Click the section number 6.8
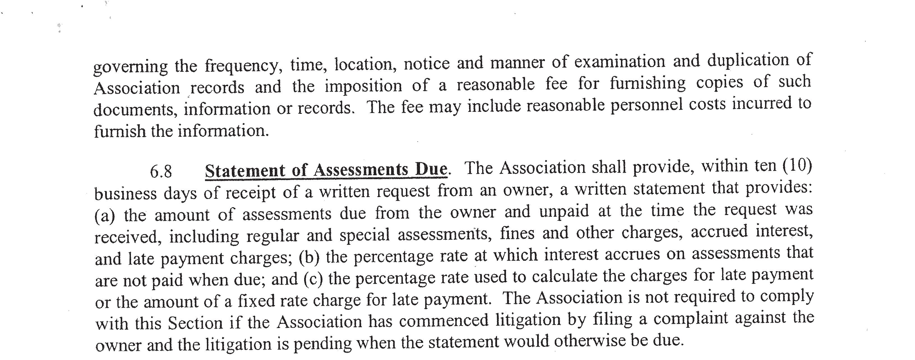161,172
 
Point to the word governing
130,66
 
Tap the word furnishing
648,83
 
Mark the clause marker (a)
105,216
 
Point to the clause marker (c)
313,279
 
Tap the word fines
517,233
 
